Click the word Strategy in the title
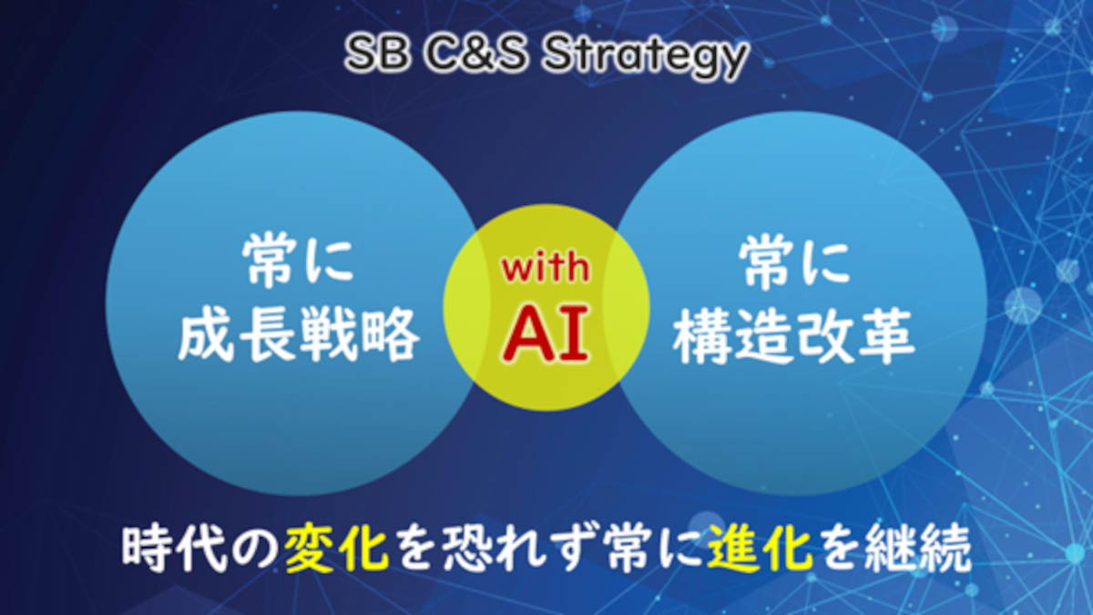(x=645, y=57)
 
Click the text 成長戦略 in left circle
(x=299, y=335)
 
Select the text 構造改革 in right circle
(x=794, y=336)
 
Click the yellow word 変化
(x=337, y=550)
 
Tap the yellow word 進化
(x=760, y=550)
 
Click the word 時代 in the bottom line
(x=174, y=550)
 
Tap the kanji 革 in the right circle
(x=885, y=336)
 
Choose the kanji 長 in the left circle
(x=268, y=335)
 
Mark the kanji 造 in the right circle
(x=763, y=336)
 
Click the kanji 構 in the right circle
(x=702, y=336)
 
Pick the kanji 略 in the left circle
(x=390, y=335)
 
